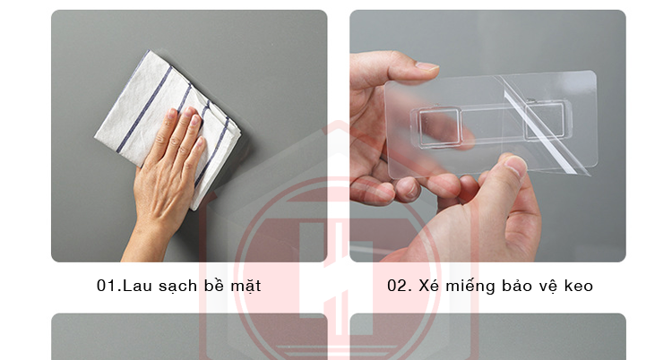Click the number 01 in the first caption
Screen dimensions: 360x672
106,286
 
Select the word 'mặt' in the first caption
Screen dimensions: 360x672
245,287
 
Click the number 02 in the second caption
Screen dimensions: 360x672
398,286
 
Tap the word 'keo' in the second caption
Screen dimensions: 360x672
578,286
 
